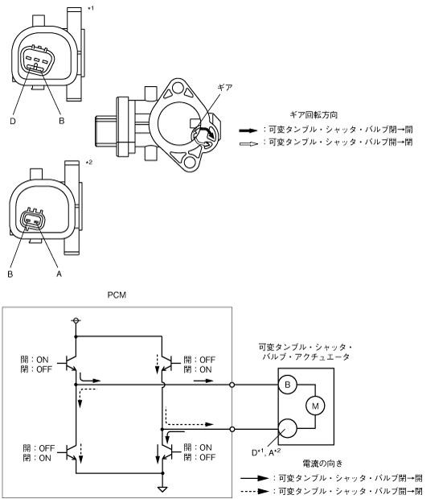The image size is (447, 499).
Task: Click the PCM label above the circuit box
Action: coord(117,295)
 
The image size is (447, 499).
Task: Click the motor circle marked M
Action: coord(315,406)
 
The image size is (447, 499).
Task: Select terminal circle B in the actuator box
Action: coord(287,385)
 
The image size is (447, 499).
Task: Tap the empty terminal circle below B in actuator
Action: coord(287,428)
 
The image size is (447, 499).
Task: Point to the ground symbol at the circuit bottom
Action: coord(162,489)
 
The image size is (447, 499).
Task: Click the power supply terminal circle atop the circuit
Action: coord(76,320)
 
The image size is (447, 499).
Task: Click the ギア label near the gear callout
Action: coord(225,87)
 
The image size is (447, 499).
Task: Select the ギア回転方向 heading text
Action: coord(314,115)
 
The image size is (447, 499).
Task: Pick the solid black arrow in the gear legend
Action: coord(248,130)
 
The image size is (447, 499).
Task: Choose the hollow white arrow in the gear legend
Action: coord(248,144)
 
